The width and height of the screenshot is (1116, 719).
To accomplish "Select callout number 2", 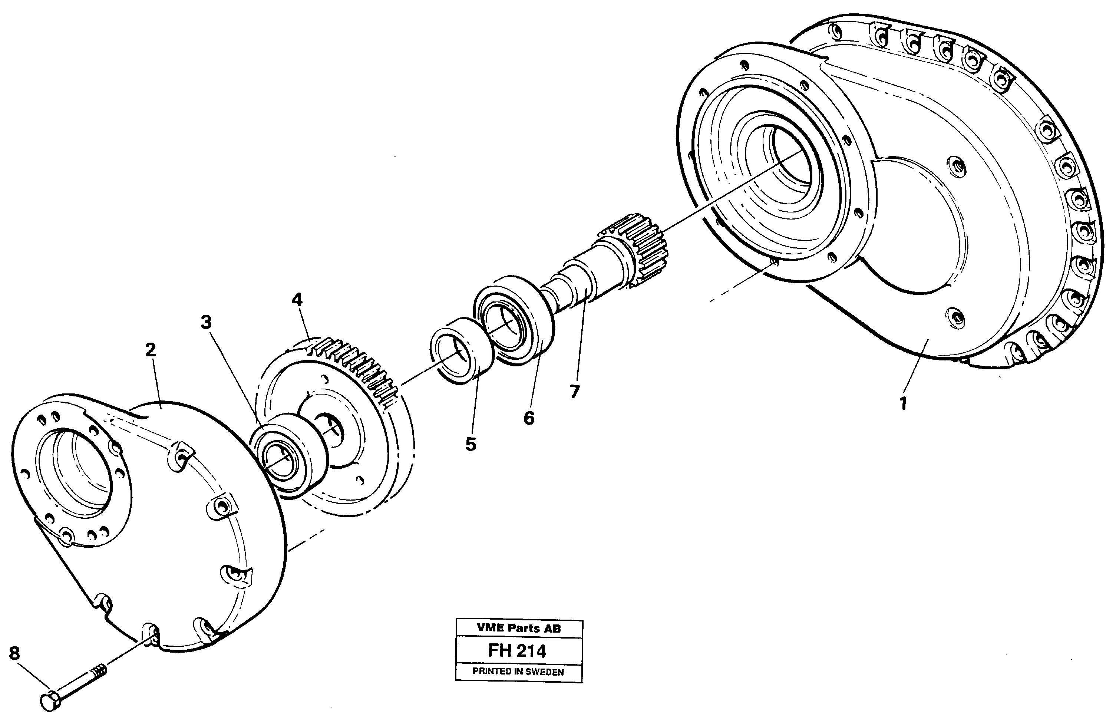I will (150, 350).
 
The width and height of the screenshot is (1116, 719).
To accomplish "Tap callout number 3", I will (206, 322).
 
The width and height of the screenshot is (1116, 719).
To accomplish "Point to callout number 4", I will (297, 299).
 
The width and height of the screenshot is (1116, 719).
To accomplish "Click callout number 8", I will (14, 653).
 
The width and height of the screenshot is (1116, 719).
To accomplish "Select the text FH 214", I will (517, 651).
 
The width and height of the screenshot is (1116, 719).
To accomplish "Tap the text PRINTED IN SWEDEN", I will (518, 672).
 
